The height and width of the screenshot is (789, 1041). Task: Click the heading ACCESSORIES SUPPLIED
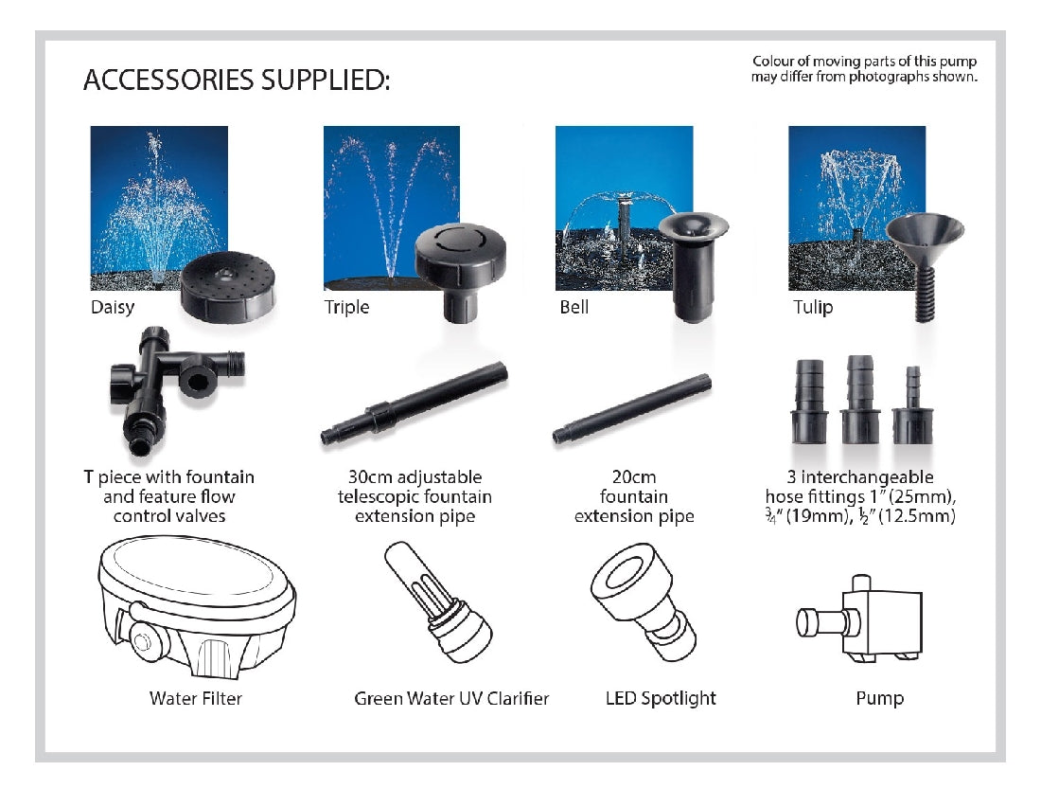tap(236, 81)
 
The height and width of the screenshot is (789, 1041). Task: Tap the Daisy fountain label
tap(113, 307)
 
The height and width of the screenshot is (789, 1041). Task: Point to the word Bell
tap(573, 307)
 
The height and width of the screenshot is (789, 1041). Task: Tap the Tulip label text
tap(813, 307)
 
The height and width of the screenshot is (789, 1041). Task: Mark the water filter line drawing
tap(197, 606)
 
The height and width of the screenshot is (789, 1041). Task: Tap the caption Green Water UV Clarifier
tap(451, 699)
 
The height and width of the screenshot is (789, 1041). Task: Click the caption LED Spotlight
tap(661, 699)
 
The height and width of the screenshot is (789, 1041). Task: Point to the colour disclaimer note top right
tap(863, 69)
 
